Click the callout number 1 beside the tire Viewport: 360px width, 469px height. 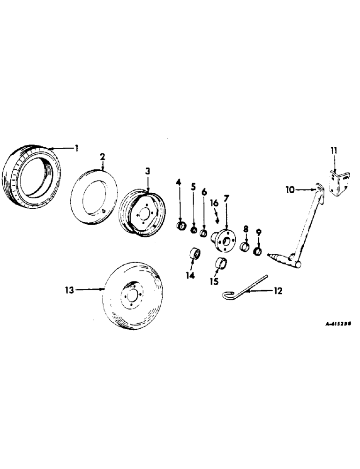tap(77, 148)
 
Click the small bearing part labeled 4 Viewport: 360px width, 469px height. tap(180, 227)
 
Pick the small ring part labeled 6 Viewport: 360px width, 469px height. tap(204, 233)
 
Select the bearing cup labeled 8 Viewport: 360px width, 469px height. tap(245, 247)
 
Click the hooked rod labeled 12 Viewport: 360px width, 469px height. tap(244, 287)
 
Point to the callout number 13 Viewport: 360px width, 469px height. tap(70, 290)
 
